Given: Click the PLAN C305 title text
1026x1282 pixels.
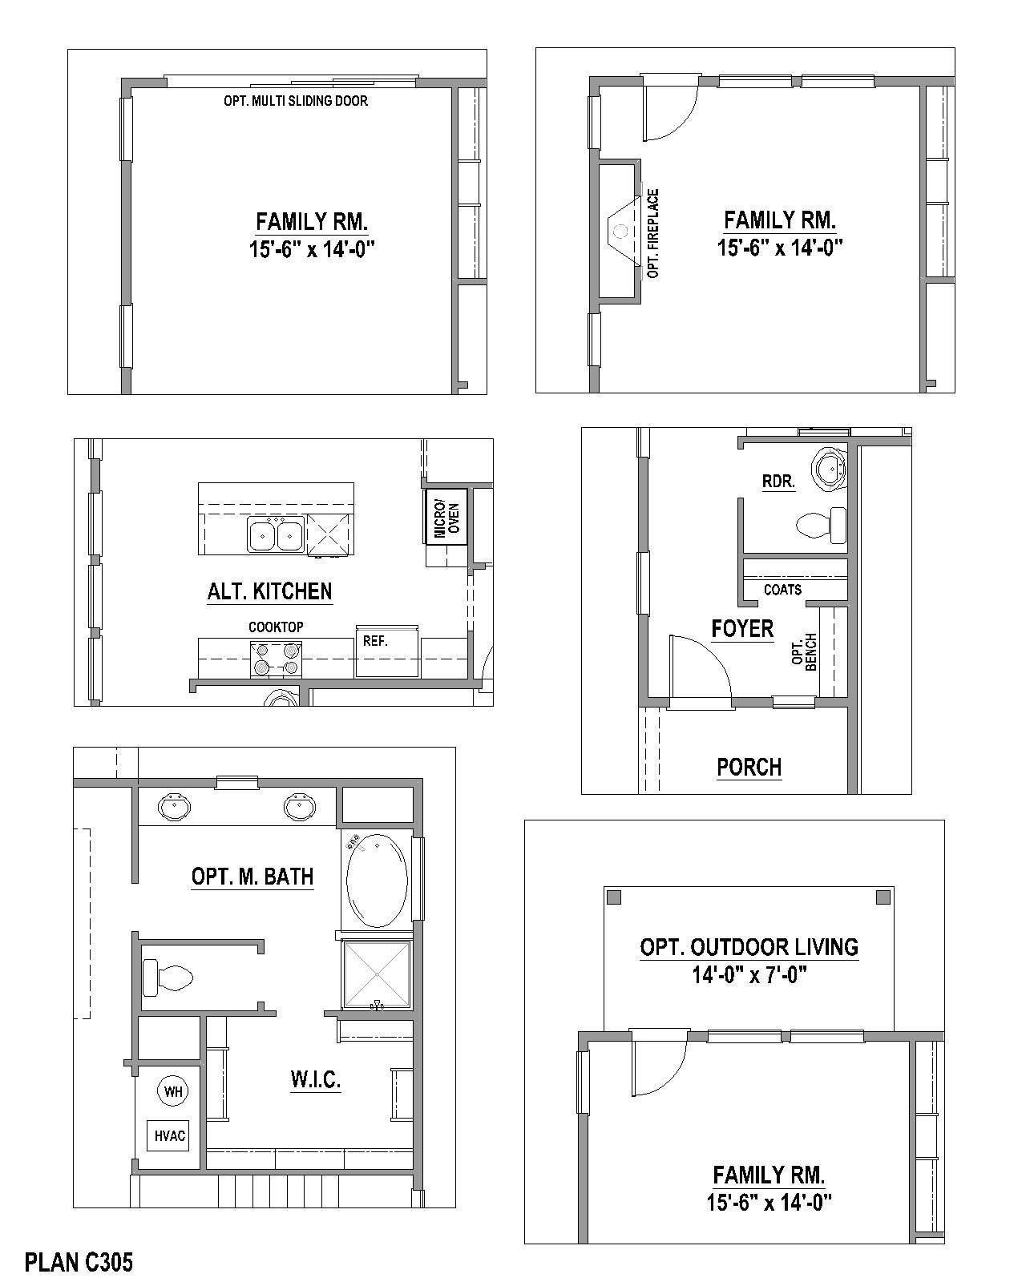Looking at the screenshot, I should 79,1262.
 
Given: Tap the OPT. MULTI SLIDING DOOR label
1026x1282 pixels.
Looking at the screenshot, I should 296,101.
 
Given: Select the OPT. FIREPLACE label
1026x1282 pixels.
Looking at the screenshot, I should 653,233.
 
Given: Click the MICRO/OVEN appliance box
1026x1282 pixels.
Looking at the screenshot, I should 446,515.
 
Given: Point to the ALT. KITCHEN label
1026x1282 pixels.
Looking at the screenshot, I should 269,591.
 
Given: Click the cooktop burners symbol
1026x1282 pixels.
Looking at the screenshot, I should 275,658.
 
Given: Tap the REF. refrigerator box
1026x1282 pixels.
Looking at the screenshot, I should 386,650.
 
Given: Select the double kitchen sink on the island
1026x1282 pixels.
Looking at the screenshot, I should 274,534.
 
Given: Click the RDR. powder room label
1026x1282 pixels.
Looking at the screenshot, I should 778,482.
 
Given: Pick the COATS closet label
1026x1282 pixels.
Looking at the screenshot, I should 782,590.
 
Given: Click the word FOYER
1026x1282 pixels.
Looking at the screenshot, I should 742,629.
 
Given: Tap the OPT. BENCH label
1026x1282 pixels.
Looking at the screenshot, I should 803,652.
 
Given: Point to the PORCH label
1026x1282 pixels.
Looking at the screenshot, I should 749,767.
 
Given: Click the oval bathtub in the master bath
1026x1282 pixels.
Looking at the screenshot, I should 376,880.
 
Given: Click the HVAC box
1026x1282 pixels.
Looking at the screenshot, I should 170,1135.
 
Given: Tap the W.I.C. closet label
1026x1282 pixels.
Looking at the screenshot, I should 315,1079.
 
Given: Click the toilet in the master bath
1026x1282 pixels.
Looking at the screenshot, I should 168,978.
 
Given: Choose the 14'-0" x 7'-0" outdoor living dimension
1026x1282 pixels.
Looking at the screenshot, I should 749,975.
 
